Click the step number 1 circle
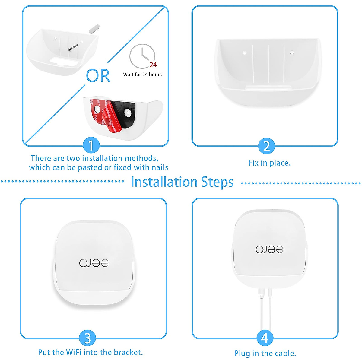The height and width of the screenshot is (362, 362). click(91, 146)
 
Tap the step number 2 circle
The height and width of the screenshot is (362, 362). click(266, 146)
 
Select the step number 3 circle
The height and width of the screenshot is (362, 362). click(87, 338)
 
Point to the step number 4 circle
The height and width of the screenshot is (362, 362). click(265, 338)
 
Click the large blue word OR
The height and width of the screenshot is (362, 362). click(98, 76)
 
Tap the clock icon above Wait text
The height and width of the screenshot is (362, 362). click(142, 56)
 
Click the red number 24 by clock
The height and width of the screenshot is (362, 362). click(153, 65)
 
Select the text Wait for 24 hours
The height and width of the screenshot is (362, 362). click(142, 75)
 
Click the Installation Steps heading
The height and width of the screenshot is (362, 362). click(182, 182)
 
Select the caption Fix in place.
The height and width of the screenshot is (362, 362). click(269, 163)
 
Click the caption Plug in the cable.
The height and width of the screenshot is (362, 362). click(265, 353)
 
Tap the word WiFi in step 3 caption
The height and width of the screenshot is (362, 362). click(74, 352)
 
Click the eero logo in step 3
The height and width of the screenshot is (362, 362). click(94, 263)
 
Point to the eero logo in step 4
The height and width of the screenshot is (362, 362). click(269, 249)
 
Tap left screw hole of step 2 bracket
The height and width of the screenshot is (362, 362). click(245, 53)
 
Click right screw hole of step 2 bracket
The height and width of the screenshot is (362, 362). click(292, 52)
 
